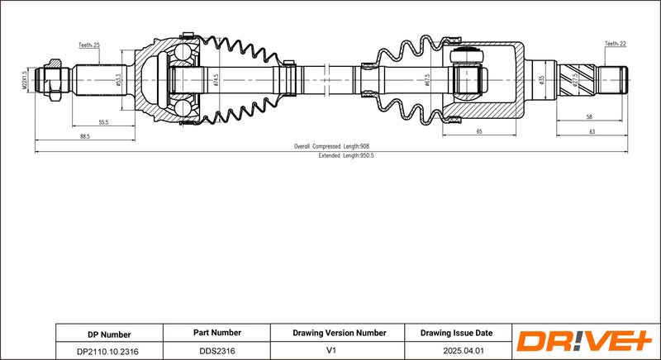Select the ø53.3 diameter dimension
tap(119, 81)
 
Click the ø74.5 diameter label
tap(216, 81)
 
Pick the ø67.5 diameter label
tap(427, 81)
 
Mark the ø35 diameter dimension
tap(541, 81)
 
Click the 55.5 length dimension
tap(104, 121)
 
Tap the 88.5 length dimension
tap(85, 136)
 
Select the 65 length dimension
tap(478, 131)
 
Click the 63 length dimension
tap(592, 131)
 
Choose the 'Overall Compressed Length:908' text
tap(331, 146)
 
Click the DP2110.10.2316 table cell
tap(107, 351)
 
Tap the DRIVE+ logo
tap(583, 341)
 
